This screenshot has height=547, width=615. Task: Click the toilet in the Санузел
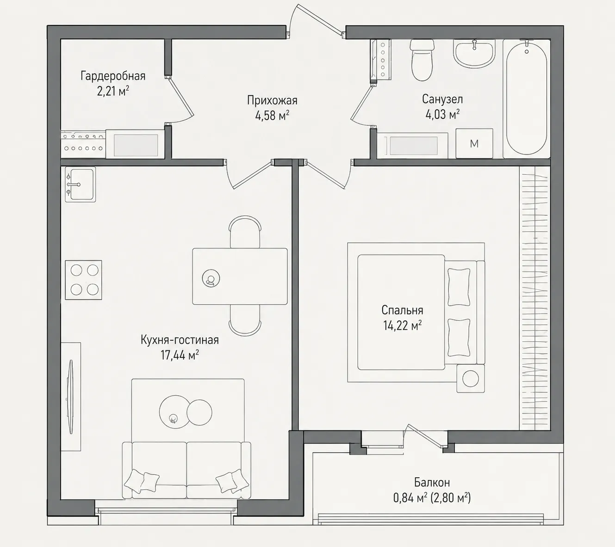[x=422, y=60]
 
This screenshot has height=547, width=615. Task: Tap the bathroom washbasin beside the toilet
[x=474, y=53]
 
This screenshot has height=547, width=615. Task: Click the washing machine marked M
[x=474, y=143]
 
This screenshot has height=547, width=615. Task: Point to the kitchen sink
[x=80, y=184]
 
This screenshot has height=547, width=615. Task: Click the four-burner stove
[x=83, y=280]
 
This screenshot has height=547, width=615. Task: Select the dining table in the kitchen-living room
[x=240, y=277]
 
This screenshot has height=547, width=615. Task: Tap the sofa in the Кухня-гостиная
[x=186, y=470]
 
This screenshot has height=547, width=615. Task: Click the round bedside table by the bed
[x=471, y=379]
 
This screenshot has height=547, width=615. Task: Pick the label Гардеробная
[x=113, y=76]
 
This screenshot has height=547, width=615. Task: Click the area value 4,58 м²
[x=272, y=115]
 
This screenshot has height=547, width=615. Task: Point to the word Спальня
[x=402, y=310]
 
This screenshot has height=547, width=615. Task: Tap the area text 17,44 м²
[x=180, y=355]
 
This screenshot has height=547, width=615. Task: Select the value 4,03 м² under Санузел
[x=442, y=114]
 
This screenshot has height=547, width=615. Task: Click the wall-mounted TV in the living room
[x=71, y=397]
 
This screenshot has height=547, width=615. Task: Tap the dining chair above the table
[x=245, y=232]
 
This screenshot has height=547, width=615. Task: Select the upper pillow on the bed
[x=459, y=287]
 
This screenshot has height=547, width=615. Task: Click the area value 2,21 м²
[x=113, y=91]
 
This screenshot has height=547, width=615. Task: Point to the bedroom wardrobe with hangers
[x=534, y=298]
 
